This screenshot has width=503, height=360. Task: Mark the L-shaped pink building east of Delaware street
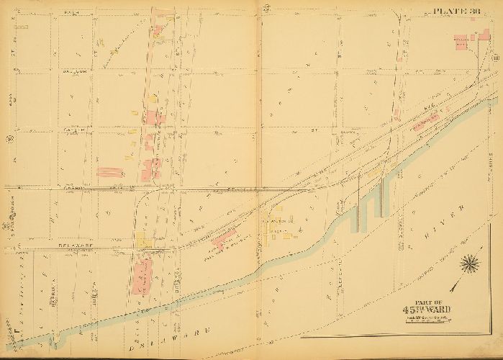tap(223, 237)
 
